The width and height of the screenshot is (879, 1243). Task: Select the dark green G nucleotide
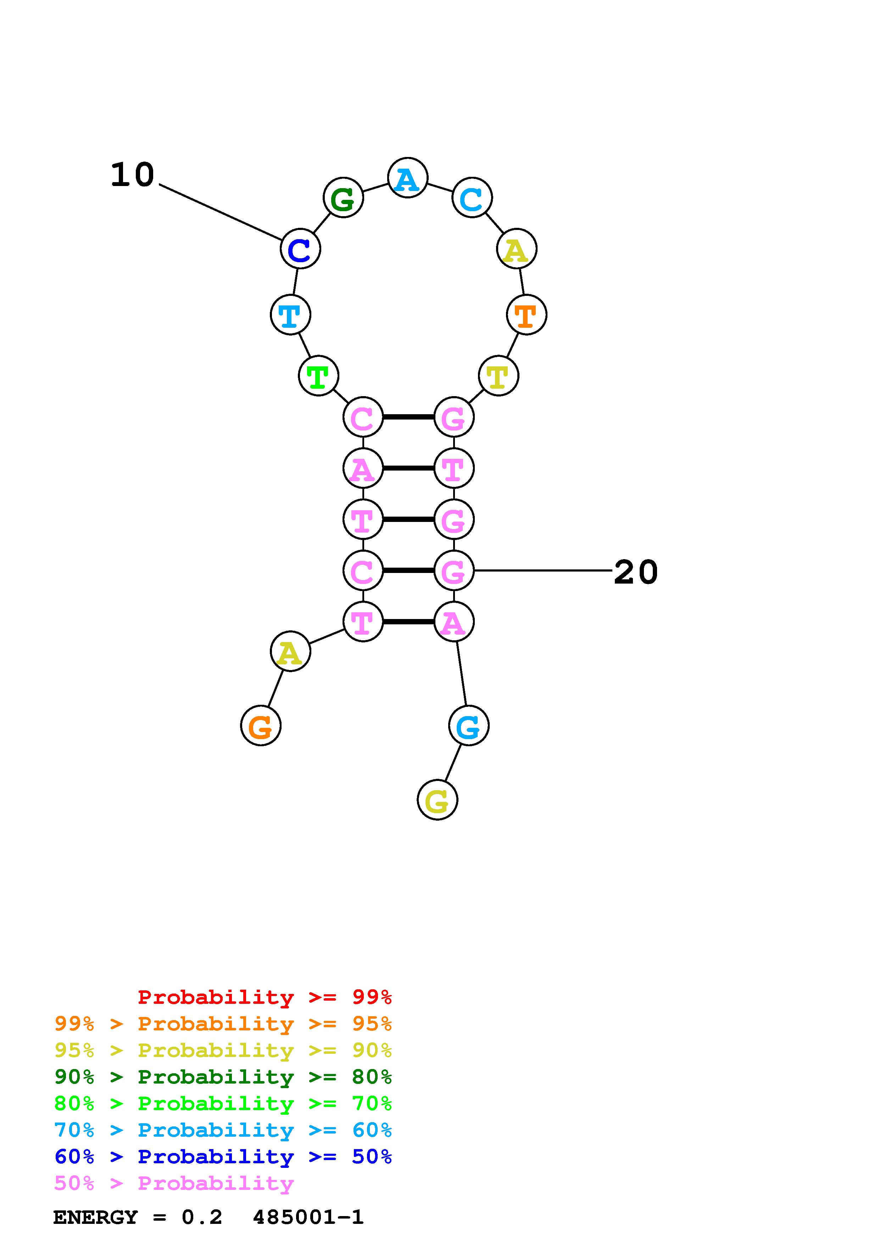tap(343, 198)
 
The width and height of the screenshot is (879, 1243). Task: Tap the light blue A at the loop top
tap(408, 178)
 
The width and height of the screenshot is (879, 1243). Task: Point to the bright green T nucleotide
tap(318, 376)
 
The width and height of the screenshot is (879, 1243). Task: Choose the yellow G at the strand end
tap(437, 800)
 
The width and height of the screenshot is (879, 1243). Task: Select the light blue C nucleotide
tap(472, 198)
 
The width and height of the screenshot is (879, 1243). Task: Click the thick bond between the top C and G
tap(408, 417)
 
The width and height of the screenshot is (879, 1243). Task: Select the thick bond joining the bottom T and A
tap(408, 621)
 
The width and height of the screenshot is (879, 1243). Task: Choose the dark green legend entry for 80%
tap(223, 1077)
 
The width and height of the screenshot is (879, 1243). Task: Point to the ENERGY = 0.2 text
tap(138, 1217)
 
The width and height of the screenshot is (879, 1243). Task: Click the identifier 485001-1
tap(308, 1217)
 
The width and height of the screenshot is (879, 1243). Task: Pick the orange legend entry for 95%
tap(223, 1024)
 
